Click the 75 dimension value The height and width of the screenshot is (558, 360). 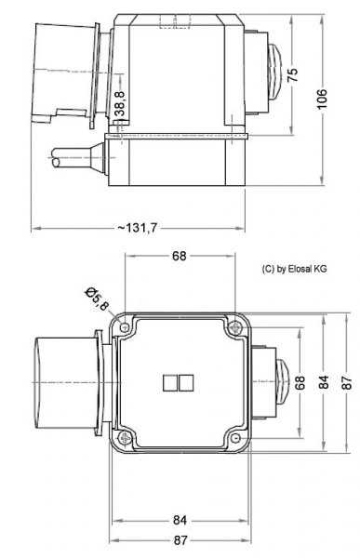[x=293, y=74]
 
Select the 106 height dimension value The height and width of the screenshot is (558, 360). [x=322, y=100]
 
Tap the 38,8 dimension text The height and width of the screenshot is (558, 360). [x=120, y=104]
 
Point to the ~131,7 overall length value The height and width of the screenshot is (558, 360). [x=137, y=228]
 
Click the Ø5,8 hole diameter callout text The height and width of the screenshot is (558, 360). [x=97, y=299]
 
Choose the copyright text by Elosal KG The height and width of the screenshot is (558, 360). [x=294, y=269]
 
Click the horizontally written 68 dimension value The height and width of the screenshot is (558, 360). [x=179, y=256]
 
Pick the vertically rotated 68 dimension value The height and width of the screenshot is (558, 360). [x=300, y=382]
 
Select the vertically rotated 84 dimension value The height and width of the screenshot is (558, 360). [x=324, y=382]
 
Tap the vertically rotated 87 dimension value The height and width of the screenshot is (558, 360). [x=347, y=382]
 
